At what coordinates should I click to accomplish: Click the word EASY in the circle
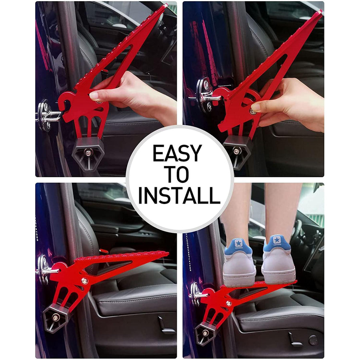[177, 154]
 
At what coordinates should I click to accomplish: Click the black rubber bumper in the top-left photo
[88, 152]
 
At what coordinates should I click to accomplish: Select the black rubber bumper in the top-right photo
[238, 151]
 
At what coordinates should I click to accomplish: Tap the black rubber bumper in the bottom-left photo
[56, 318]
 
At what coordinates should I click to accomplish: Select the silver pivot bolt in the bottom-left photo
[84, 281]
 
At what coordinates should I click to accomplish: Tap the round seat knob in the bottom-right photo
[313, 340]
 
